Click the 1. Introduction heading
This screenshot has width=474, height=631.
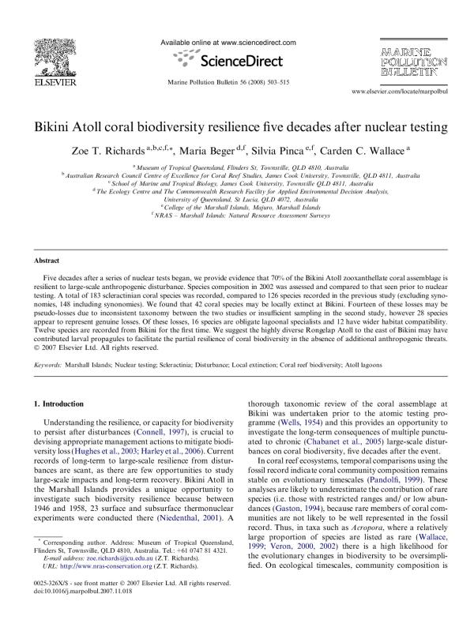click(x=54, y=404)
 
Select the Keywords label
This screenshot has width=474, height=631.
click(x=48, y=365)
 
